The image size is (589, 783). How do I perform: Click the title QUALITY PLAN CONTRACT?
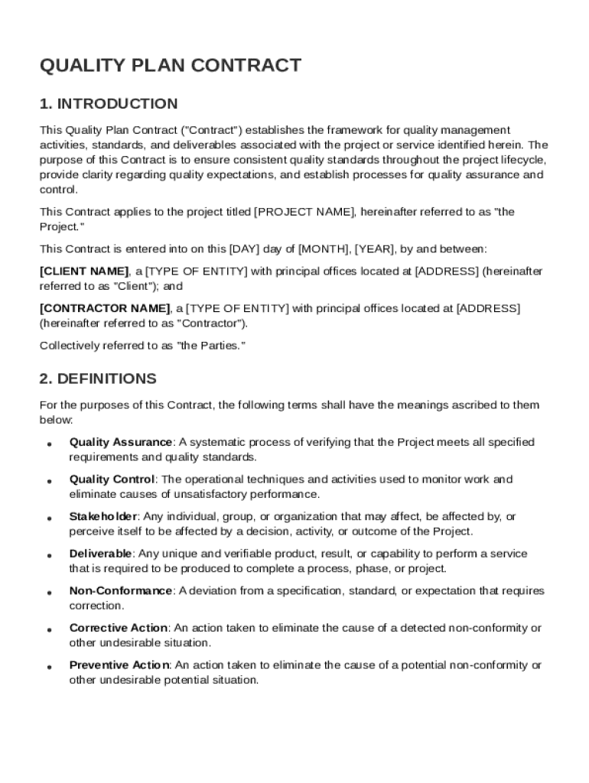click(x=170, y=66)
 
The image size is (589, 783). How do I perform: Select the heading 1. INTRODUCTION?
click(x=109, y=104)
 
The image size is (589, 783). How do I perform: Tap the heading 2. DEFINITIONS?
click(x=98, y=379)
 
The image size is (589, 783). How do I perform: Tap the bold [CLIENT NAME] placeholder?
click(x=84, y=271)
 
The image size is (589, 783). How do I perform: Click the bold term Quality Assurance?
click(x=120, y=442)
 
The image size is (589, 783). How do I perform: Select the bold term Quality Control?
click(x=112, y=479)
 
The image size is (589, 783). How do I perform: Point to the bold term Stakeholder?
click(x=103, y=517)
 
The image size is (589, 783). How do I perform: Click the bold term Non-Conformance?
click(x=121, y=591)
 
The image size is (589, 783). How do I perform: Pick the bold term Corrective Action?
click(x=118, y=628)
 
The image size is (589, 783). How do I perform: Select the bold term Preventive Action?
click(x=119, y=665)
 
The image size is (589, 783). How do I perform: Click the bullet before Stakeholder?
click(x=49, y=518)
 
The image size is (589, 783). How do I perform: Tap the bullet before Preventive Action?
click(x=49, y=667)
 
